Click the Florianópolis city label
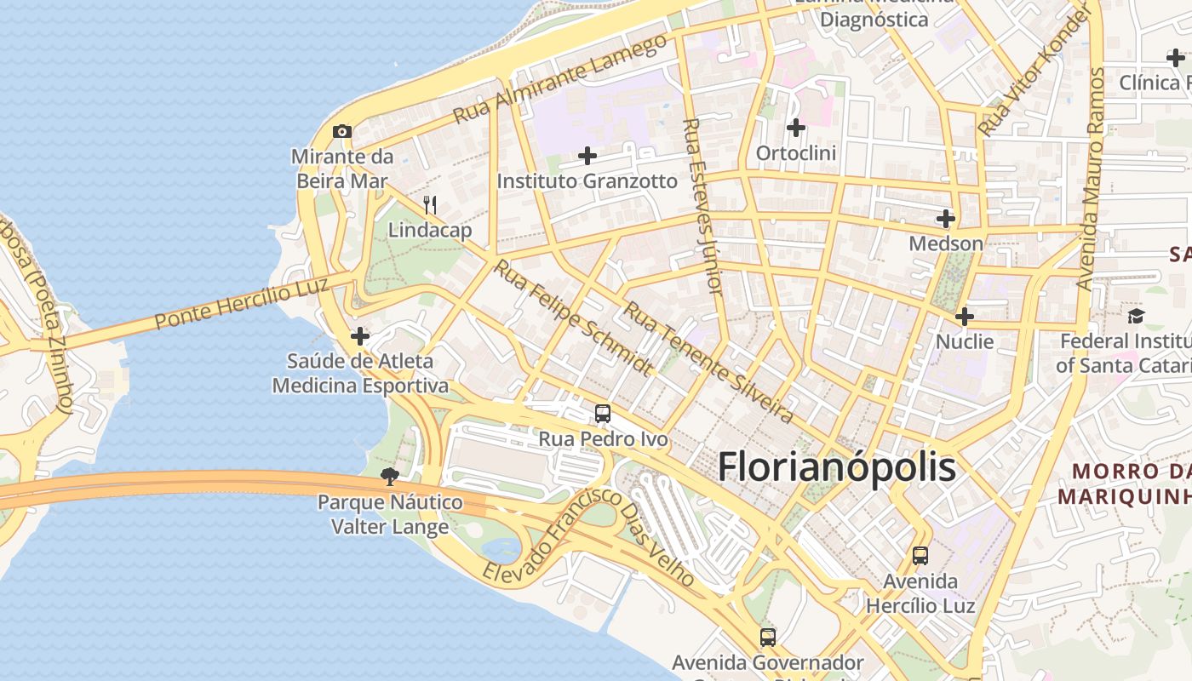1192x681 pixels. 837,468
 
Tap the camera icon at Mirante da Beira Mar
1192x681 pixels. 342,131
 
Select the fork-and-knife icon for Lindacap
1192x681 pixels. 430,205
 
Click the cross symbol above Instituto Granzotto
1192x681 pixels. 587,156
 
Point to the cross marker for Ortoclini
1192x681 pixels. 796,128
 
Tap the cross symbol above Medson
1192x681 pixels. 945,219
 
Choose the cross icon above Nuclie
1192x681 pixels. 964,317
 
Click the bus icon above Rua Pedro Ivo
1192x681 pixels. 603,414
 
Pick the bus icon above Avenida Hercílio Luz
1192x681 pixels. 920,556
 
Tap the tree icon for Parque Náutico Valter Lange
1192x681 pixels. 390,476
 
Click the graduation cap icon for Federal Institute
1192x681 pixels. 1136,316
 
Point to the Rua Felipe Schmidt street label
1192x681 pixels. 574,318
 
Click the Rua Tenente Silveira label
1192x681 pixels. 708,361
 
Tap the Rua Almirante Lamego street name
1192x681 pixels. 559,79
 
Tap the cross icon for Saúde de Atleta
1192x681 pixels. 360,336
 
